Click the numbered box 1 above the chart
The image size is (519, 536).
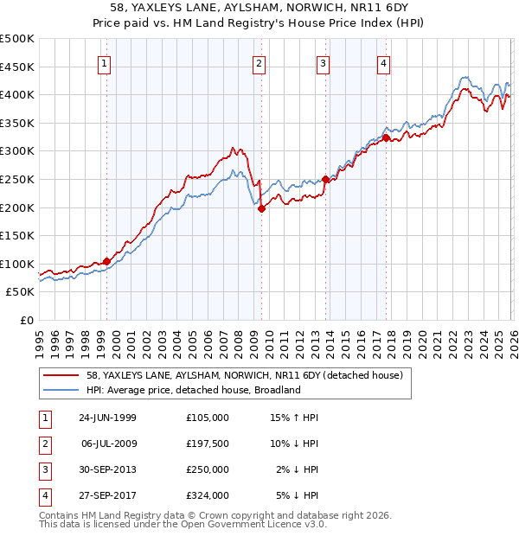104,62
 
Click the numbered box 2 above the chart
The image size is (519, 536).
259,62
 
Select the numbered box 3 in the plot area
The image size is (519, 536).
323,62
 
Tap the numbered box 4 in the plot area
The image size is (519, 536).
383,62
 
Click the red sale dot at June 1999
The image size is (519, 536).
107,261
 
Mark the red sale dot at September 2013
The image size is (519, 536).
325,179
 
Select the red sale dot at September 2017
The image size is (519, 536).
386,137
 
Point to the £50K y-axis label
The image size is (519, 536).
21,292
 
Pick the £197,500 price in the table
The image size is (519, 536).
208,443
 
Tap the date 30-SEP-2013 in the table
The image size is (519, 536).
107,469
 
